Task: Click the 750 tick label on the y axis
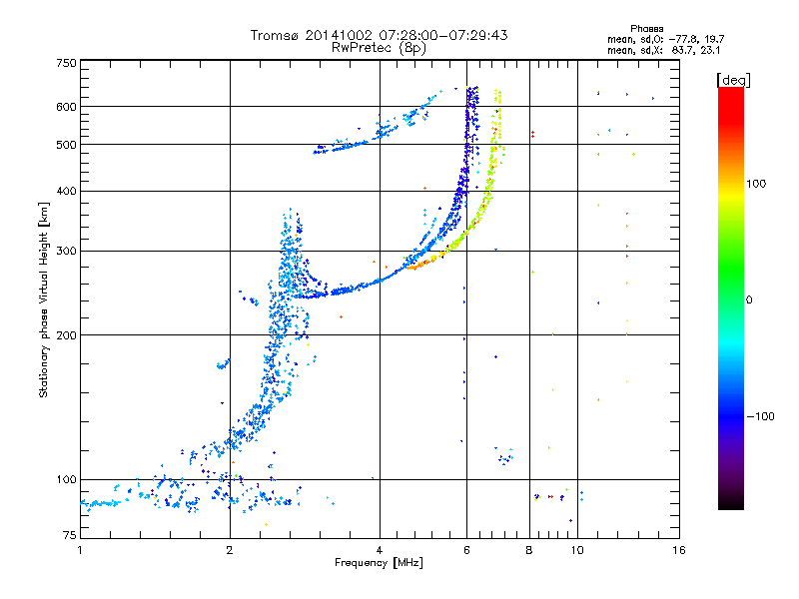coord(66,63)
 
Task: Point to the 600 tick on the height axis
coord(66,107)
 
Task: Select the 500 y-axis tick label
coord(66,145)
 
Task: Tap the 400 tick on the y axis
coord(66,191)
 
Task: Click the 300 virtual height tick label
coord(66,251)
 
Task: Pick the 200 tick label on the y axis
coord(66,334)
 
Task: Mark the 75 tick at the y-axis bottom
coord(69,537)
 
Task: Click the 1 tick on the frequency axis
coord(80,549)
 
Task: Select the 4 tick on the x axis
coord(380,549)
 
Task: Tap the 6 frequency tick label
coord(466,549)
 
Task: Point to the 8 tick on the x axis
coord(529,549)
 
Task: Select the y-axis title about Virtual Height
coord(44,299)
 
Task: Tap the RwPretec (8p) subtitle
coord(379,47)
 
